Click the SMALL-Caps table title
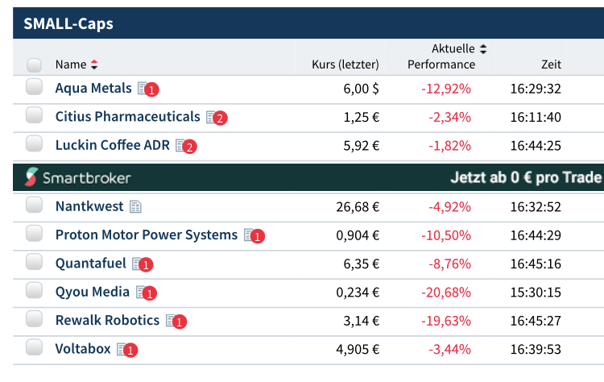coord(68,23)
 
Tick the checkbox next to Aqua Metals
coord(34,87)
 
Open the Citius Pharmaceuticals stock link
coord(127,117)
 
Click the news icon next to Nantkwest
coord(135,207)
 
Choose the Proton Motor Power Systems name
coord(147,235)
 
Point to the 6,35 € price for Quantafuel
coord(361,264)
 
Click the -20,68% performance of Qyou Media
coord(445,292)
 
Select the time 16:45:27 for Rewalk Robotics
coord(536,321)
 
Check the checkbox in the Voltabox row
coord(34,347)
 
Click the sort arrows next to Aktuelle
coord(482,49)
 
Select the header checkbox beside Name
coord(34,64)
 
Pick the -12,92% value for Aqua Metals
coord(445,89)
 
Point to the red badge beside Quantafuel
coord(146,264)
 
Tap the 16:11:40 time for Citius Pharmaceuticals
coord(536,118)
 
